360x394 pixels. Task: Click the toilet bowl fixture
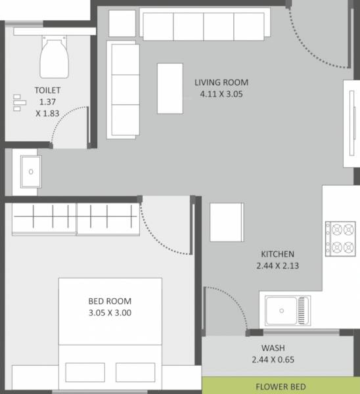(x=55, y=57)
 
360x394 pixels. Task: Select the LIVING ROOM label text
(x=221, y=83)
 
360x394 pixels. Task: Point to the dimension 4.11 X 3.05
(x=221, y=93)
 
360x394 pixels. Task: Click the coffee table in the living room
(x=170, y=88)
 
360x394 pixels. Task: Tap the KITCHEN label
(x=277, y=254)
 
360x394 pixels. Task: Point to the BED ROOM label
(x=110, y=302)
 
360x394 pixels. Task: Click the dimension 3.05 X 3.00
(x=110, y=313)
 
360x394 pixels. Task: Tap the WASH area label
(x=272, y=348)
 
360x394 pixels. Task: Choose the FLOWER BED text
(x=281, y=386)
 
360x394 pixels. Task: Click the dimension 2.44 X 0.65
(x=272, y=359)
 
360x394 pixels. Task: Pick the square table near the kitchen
(x=227, y=223)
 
